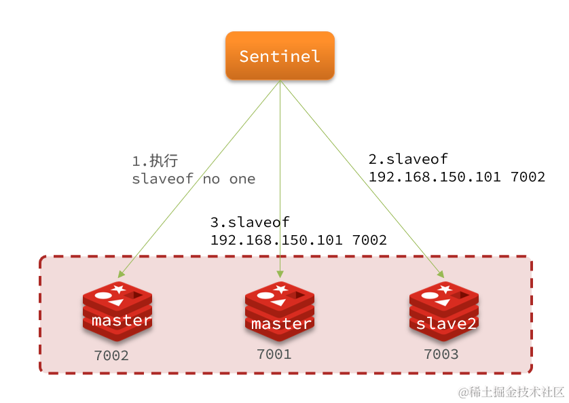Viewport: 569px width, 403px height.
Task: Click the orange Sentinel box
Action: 280,56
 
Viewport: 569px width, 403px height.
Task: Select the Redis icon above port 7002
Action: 117,311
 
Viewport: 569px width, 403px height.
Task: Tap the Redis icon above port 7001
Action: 280,311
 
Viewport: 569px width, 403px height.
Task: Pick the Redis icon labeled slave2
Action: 444,311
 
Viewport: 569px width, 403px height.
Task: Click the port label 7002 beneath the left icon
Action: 111,355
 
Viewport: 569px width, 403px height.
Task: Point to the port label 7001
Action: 274,354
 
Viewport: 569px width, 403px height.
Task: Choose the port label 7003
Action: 441,354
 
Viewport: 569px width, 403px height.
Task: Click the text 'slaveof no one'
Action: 194,179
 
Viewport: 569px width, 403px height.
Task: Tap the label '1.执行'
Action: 155,161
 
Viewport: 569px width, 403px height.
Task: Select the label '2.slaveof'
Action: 408,159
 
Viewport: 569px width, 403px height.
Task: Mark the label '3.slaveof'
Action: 250,222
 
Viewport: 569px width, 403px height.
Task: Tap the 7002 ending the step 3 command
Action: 369,240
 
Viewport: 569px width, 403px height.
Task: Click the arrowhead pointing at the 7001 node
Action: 280,272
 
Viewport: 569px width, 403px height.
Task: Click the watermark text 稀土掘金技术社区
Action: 516,392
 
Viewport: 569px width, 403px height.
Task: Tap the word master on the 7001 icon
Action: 281,324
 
